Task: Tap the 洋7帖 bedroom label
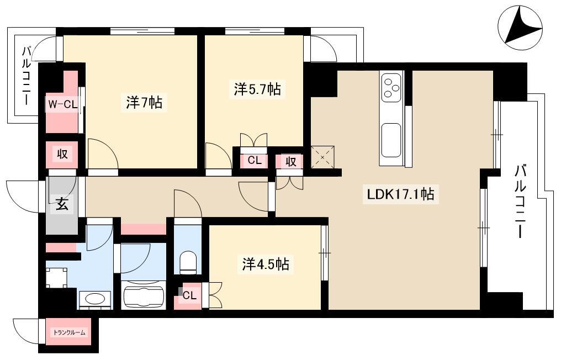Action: [x=144, y=103]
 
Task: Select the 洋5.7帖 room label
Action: [x=257, y=89]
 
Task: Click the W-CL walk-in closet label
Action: [x=62, y=104]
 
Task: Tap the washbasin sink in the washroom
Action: [x=95, y=299]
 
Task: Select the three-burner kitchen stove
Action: [x=391, y=86]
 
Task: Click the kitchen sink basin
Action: [x=391, y=140]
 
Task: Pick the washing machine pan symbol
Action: [x=56, y=277]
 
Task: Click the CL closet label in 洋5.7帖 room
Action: [x=255, y=161]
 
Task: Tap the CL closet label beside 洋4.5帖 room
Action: [x=189, y=295]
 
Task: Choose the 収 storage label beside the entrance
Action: [x=62, y=154]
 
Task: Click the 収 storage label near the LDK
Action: [x=291, y=162]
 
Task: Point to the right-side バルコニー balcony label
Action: [x=521, y=201]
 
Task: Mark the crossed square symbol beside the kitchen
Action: [x=322, y=157]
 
